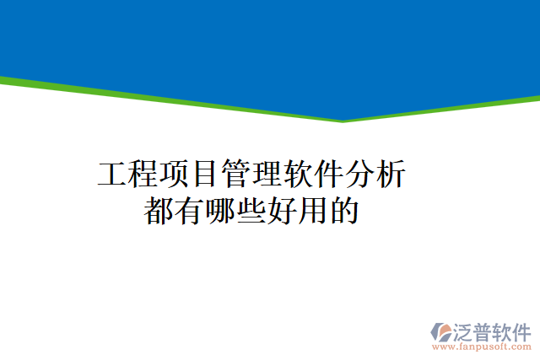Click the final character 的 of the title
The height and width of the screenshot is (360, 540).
(344, 211)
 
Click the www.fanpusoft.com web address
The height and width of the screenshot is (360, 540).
(482, 346)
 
